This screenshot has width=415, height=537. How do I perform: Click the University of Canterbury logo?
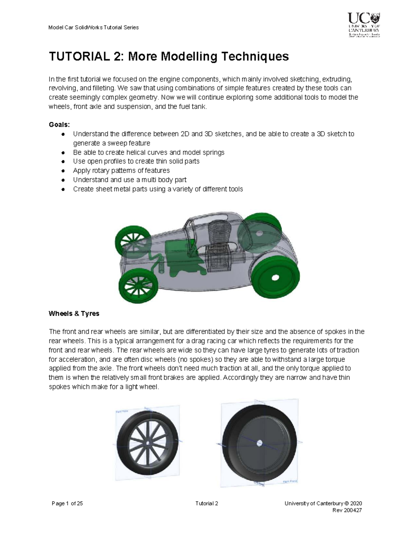tap(363, 25)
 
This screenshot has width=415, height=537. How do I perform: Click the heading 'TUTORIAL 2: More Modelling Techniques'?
tap(169, 56)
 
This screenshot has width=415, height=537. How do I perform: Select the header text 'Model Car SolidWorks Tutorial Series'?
tap(94, 27)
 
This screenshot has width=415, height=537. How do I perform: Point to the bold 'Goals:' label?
tap(59, 124)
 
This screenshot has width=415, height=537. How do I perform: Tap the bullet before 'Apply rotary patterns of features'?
tap(63, 171)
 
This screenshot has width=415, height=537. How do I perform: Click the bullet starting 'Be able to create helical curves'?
tap(149, 152)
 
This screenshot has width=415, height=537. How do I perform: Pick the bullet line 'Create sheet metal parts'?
tap(158, 189)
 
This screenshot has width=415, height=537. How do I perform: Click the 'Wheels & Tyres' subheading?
tap(74, 314)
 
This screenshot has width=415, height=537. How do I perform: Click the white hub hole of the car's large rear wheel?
tap(275, 278)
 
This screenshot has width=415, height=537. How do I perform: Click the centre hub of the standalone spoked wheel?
tap(148, 443)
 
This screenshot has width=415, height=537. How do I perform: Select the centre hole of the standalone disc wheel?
tap(259, 443)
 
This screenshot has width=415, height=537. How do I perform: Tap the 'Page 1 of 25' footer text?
tap(67, 503)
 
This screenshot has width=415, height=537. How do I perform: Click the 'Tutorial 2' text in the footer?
tap(207, 503)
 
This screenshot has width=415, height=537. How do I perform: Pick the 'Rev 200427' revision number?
tap(347, 510)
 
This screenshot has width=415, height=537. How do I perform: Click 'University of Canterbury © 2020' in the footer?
tap(323, 503)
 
